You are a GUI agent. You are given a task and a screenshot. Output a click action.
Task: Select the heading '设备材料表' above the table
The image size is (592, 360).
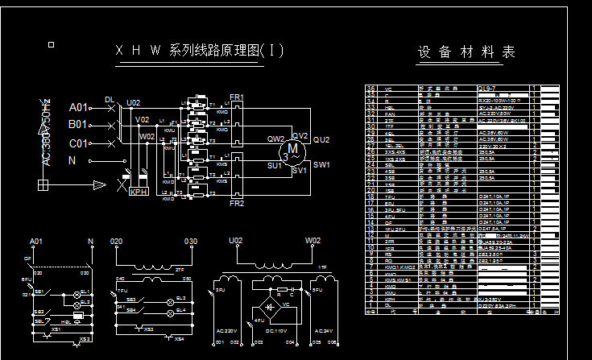pyautogui.click(x=466, y=52)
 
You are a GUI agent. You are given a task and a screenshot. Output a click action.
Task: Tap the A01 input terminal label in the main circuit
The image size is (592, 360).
pyautogui.click(x=78, y=107)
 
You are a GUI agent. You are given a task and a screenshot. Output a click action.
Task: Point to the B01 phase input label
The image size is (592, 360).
pyautogui.click(x=78, y=125)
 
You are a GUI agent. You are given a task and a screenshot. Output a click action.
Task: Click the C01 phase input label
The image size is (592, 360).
pyautogui.click(x=78, y=143)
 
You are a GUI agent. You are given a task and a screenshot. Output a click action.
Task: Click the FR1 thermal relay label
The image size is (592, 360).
pyautogui.click(x=237, y=97)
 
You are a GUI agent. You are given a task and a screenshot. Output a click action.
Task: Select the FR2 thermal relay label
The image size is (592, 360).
pyautogui.click(x=237, y=204)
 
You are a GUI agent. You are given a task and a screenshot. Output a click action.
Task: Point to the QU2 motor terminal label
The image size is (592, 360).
pyautogui.click(x=321, y=139)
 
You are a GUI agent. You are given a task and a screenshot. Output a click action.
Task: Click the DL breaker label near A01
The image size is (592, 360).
pyautogui.click(x=110, y=100)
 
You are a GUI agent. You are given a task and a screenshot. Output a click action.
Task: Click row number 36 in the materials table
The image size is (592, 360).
pyautogui.click(x=371, y=89)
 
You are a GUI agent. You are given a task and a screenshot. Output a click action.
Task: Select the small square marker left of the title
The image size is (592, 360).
pyautogui.click(x=52, y=44)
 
